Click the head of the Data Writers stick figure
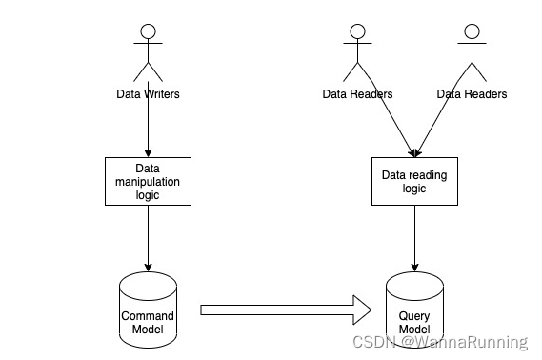pos(148,31)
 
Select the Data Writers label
pos(148,94)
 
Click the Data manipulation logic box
pos(148,180)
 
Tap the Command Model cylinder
pos(148,310)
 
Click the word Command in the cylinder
pos(148,315)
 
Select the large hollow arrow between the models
pos(286,310)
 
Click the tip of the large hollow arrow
pos(369,310)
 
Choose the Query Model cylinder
pos(414,310)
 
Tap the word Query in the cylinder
pos(414,315)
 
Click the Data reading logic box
pos(414,181)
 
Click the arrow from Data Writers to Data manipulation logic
pos(148,129)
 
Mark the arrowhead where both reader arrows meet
pos(414,152)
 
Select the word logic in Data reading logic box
pos(414,189)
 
